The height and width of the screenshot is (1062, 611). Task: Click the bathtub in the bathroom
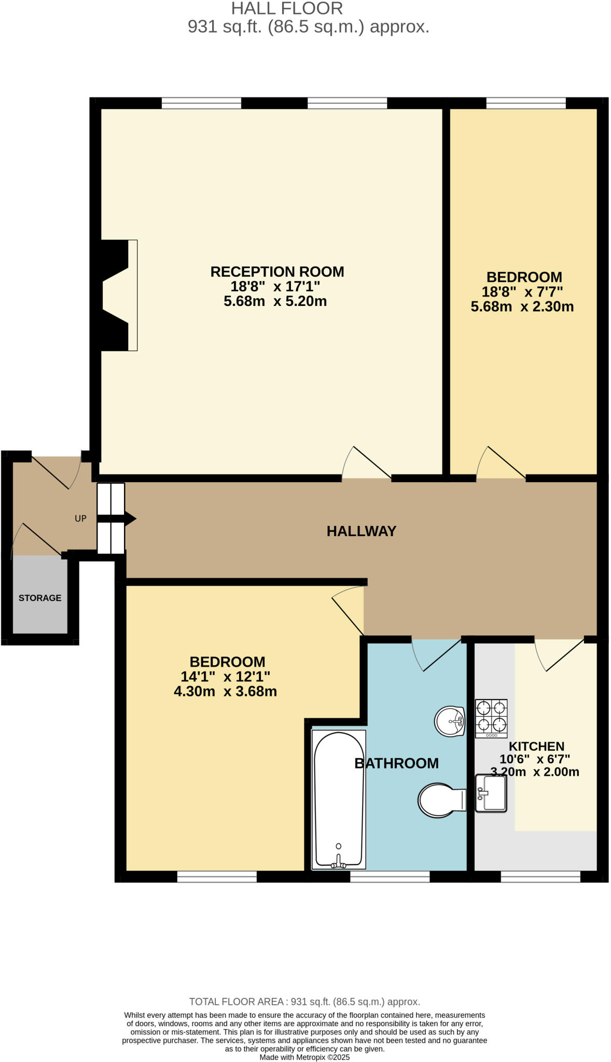click(339, 799)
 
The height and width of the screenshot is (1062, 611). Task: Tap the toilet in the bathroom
click(441, 800)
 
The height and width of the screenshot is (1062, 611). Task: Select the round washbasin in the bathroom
click(450, 721)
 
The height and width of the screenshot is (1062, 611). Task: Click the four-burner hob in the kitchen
click(491, 718)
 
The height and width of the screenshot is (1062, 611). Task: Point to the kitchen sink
click(491, 793)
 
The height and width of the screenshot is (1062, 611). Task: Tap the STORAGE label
click(40, 598)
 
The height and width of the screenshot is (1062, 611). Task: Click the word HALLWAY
click(361, 531)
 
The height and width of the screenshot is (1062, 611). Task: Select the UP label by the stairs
click(80, 519)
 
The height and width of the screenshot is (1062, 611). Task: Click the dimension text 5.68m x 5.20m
click(275, 301)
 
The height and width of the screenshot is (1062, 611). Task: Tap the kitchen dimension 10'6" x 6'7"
click(534, 759)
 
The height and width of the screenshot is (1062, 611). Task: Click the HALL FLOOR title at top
click(287, 9)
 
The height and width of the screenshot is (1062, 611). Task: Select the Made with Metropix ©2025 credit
click(304, 1057)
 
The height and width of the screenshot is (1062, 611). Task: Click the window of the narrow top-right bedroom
click(525, 103)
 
